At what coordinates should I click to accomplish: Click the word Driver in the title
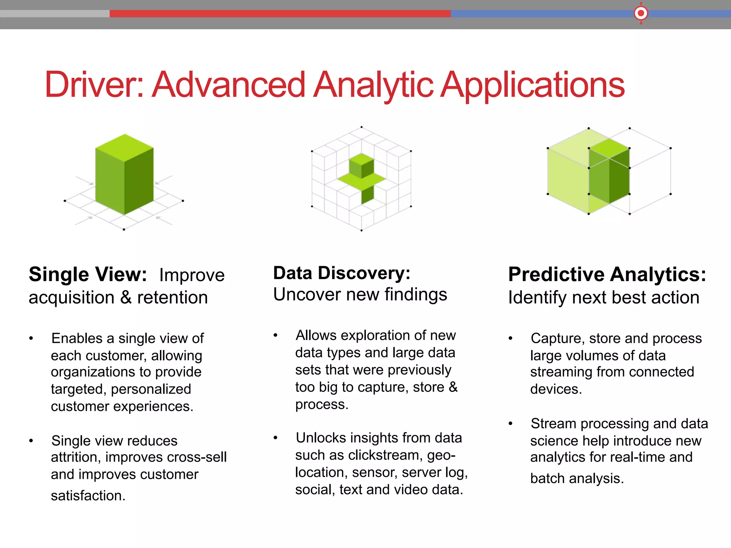tap(94, 85)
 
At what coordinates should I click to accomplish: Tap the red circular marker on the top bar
tap(641, 14)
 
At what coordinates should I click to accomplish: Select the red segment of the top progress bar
tap(280, 14)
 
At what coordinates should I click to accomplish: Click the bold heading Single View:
tap(88, 274)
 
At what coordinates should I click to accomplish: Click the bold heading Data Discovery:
tap(342, 273)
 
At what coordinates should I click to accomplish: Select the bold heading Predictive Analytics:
tap(607, 274)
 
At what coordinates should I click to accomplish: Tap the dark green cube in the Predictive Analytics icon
tap(609, 171)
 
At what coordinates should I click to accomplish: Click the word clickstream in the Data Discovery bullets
tap(384, 455)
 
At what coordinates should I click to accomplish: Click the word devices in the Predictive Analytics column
tap(555, 389)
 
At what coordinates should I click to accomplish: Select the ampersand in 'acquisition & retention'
tap(126, 298)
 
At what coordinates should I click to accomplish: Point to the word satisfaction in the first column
tap(87, 496)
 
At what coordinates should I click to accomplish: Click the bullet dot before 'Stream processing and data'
tap(510, 423)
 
